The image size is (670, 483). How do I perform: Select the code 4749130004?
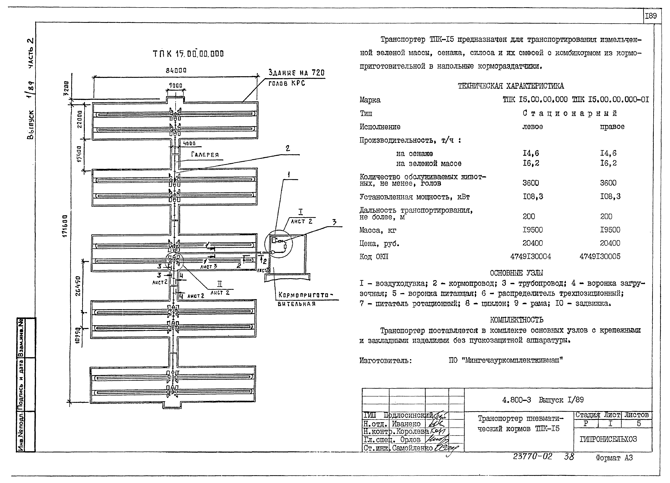coord(531,256)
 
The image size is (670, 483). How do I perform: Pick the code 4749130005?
coord(600,256)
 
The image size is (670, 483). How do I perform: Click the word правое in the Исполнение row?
coord(612,127)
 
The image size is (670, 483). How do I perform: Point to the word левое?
coord(533,127)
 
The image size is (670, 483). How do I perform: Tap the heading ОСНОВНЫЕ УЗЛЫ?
coord(516,273)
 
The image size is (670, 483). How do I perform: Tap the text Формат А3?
coord(614,458)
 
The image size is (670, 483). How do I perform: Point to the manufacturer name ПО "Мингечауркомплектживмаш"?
coord(506,360)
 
